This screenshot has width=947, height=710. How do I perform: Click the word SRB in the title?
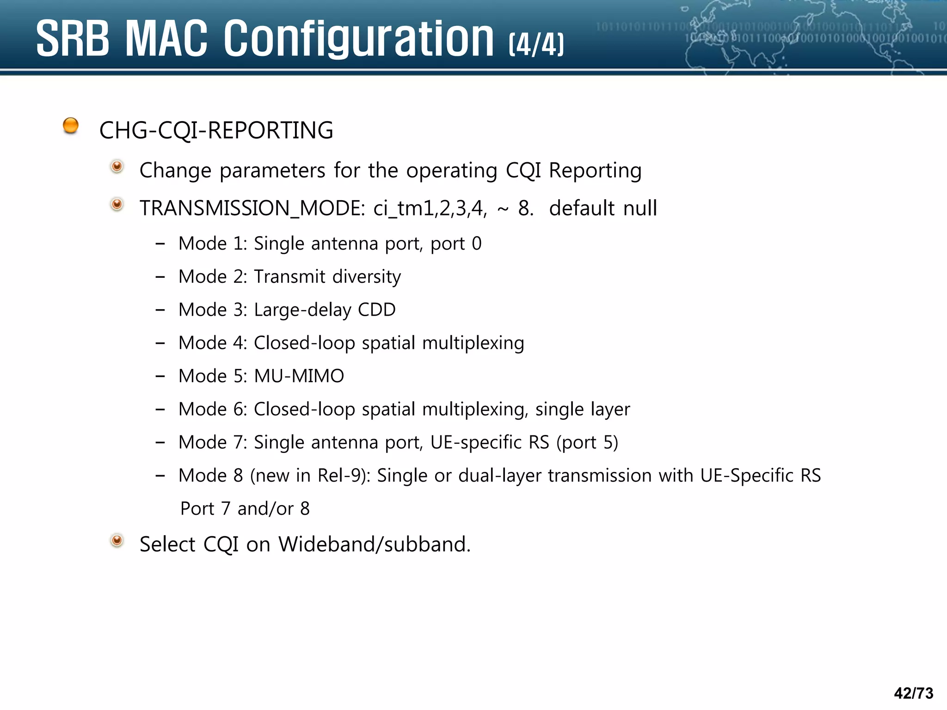pyautogui.click(x=73, y=39)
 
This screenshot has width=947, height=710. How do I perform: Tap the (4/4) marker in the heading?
pyautogui.click(x=536, y=44)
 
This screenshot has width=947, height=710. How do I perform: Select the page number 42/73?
pyautogui.click(x=913, y=693)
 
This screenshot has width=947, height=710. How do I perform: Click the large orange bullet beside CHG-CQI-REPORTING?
pyautogui.click(x=71, y=125)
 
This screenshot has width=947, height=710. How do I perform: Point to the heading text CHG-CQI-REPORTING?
pyautogui.click(x=216, y=130)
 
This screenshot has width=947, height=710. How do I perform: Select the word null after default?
pyautogui.click(x=640, y=208)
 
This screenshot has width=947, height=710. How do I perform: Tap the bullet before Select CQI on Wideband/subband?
pyautogui.click(x=117, y=540)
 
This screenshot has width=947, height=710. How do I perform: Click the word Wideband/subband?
pyautogui.click(x=374, y=545)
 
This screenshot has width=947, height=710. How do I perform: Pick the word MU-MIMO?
pyautogui.click(x=299, y=376)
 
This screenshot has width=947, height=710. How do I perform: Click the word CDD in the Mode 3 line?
pyautogui.click(x=377, y=310)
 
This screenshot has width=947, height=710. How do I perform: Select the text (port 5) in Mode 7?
pyautogui.click(x=587, y=442)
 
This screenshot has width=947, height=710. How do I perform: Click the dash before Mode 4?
pyautogui.click(x=160, y=343)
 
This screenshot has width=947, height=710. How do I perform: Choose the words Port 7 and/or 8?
pyautogui.click(x=245, y=509)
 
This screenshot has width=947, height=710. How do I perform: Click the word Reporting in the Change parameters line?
pyautogui.click(x=595, y=171)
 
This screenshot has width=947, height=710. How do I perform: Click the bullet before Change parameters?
pyautogui.click(x=117, y=166)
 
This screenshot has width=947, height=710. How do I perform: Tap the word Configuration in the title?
pyautogui.click(x=359, y=39)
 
